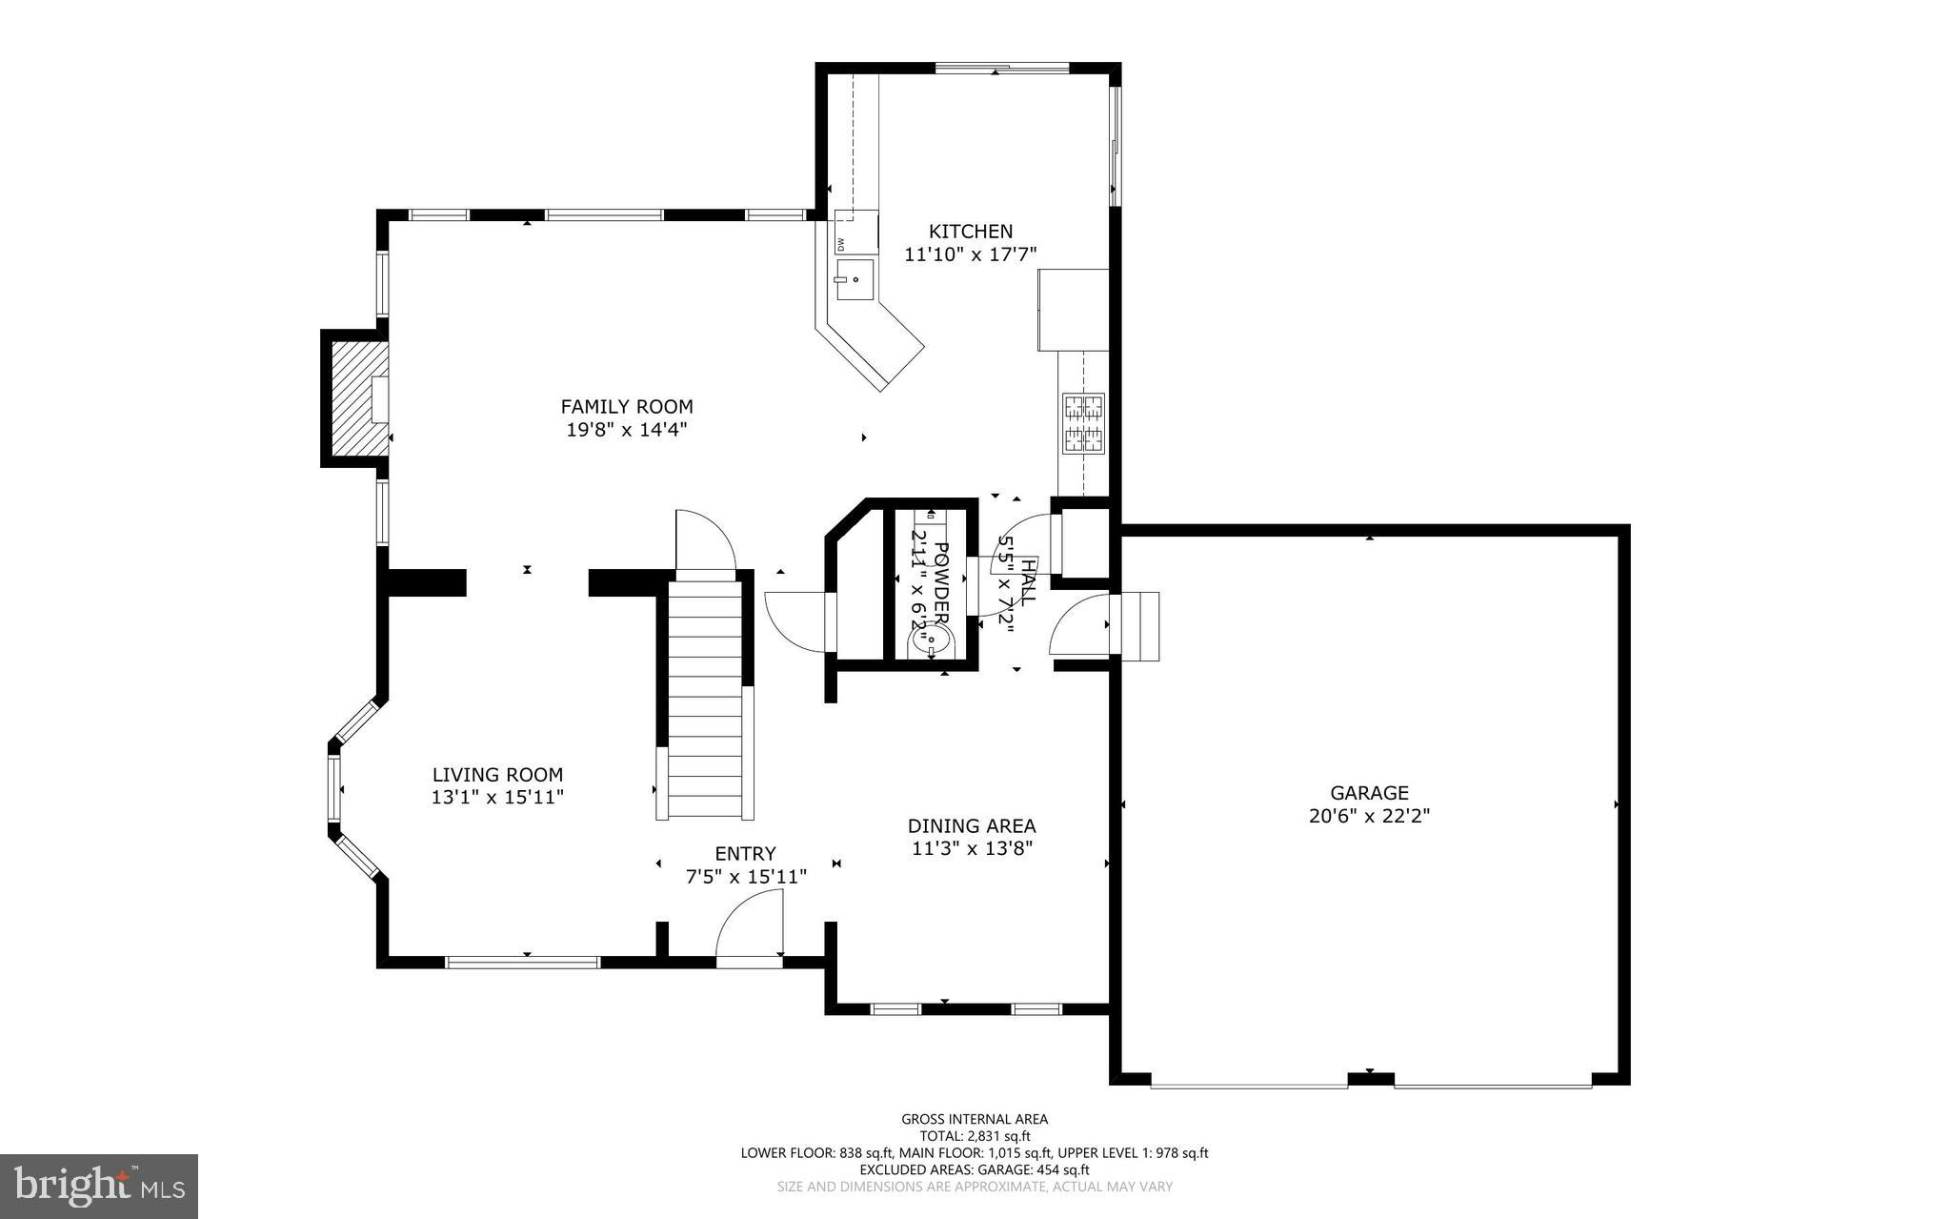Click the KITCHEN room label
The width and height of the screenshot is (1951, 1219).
pyautogui.click(x=971, y=232)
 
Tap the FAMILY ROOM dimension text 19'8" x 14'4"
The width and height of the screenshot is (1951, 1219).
pyautogui.click(x=626, y=430)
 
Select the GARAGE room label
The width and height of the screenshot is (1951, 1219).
pyautogui.click(x=1369, y=793)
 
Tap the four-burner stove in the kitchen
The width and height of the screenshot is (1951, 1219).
pyautogui.click(x=1083, y=422)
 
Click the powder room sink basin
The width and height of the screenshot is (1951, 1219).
pyautogui.click(x=929, y=639)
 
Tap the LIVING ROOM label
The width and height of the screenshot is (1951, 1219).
pyautogui.click(x=497, y=775)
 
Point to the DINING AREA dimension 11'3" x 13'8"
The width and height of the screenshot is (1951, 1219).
pyautogui.click(x=972, y=849)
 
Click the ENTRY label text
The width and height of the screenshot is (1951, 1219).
pyautogui.click(x=745, y=853)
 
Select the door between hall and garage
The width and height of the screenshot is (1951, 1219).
pyautogui.click(x=1079, y=625)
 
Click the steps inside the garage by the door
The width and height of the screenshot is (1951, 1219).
pyautogui.click(x=1139, y=625)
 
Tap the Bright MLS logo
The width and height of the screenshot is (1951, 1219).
pyautogui.click(x=99, y=1186)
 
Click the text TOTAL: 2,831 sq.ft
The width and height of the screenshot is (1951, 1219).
pyautogui.click(x=975, y=1136)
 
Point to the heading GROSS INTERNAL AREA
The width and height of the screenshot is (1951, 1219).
pyautogui.click(x=975, y=1119)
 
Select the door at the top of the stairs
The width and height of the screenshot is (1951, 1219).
pyautogui.click(x=703, y=543)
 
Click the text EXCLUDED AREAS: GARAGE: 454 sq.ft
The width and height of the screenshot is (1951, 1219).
pyautogui.click(x=975, y=1169)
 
